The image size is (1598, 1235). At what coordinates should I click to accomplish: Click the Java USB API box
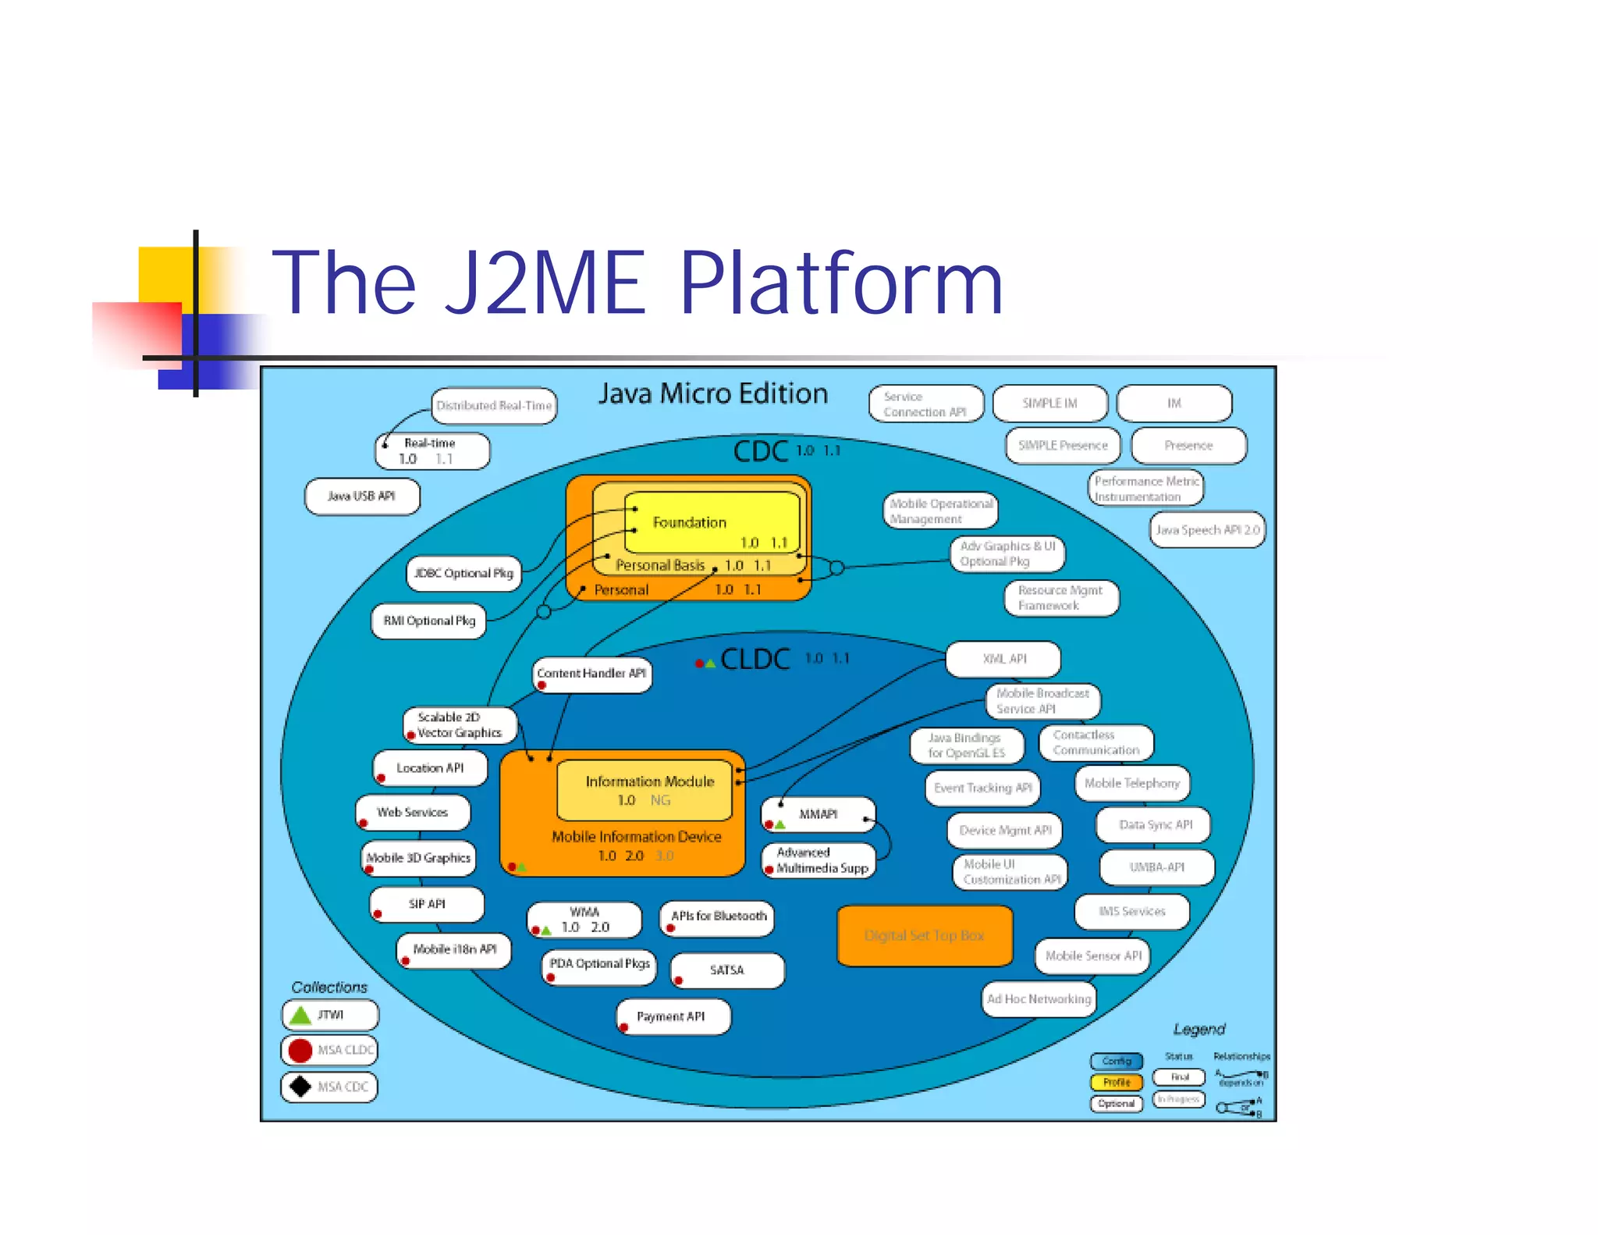tap(362, 496)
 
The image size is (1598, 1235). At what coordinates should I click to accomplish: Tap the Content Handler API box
tap(591, 674)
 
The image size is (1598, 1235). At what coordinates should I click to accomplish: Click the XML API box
tap(1003, 659)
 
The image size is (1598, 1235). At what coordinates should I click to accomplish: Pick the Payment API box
tap(673, 1016)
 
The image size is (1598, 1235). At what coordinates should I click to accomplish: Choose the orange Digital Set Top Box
tap(925, 935)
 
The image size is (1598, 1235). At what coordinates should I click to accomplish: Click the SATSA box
tap(727, 970)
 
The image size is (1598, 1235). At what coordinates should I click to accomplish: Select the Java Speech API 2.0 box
tap(1207, 530)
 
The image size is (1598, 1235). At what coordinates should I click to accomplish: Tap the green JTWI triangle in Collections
tap(300, 1015)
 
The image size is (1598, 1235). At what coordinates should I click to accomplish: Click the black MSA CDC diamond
tap(300, 1086)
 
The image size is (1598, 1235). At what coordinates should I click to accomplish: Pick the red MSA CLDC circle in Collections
tap(300, 1050)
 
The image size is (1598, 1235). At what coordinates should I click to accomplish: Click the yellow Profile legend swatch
tap(1116, 1082)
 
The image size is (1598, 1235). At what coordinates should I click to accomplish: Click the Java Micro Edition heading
tap(712, 393)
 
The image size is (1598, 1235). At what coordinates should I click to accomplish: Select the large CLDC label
tap(755, 660)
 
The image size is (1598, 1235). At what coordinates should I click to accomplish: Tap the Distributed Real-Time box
tap(494, 406)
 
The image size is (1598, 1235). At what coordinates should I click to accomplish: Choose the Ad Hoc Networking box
tap(1039, 999)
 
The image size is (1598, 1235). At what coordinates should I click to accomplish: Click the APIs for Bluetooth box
tap(718, 916)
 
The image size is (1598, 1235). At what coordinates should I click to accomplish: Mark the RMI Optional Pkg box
tap(429, 621)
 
